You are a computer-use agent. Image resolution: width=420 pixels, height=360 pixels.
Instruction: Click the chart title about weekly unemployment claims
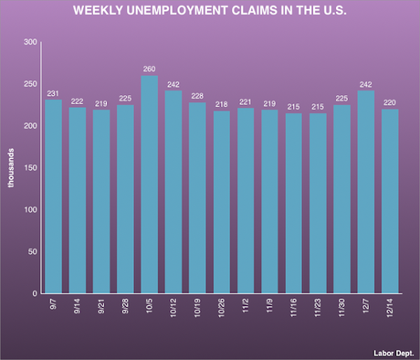click(x=210, y=13)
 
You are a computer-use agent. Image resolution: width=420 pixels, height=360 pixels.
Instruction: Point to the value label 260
click(x=150, y=68)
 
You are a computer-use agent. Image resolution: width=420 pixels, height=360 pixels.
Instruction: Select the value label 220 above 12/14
click(x=390, y=101)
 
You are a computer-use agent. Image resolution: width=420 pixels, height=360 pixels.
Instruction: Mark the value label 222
click(x=78, y=101)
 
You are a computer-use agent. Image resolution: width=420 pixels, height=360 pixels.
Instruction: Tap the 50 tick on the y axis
click(x=32, y=252)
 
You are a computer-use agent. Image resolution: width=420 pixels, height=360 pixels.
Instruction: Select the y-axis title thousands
click(x=11, y=168)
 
